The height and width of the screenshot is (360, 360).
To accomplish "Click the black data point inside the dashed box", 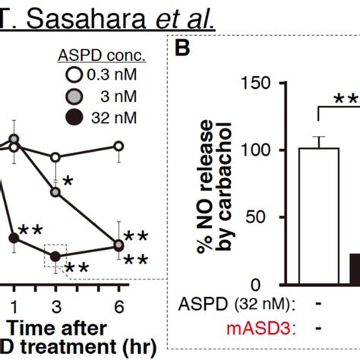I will tap(55, 257).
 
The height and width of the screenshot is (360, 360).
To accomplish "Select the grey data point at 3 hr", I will tap(55, 192).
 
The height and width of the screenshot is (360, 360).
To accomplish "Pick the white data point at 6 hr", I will tap(118, 146).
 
